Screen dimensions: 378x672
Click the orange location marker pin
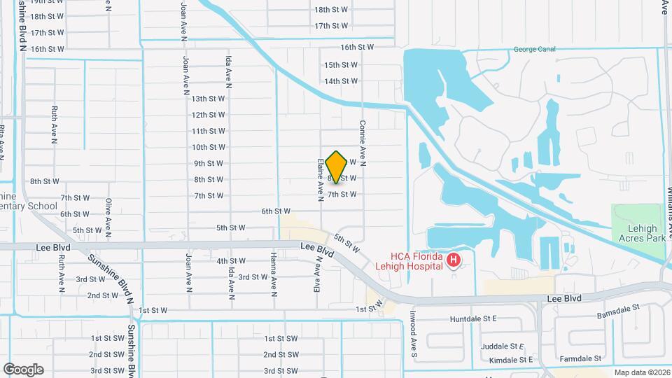click(x=337, y=167)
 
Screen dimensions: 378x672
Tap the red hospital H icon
click(x=454, y=261)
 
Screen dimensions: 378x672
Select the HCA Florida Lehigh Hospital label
click(x=418, y=260)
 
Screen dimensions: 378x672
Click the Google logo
click(x=23, y=369)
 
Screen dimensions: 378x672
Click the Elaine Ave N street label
click(x=321, y=178)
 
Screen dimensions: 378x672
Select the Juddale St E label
click(x=503, y=346)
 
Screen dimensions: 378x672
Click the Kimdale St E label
click(x=511, y=360)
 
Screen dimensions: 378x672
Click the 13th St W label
click(x=208, y=99)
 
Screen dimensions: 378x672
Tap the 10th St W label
click(x=208, y=147)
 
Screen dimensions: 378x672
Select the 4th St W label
click(x=231, y=261)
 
